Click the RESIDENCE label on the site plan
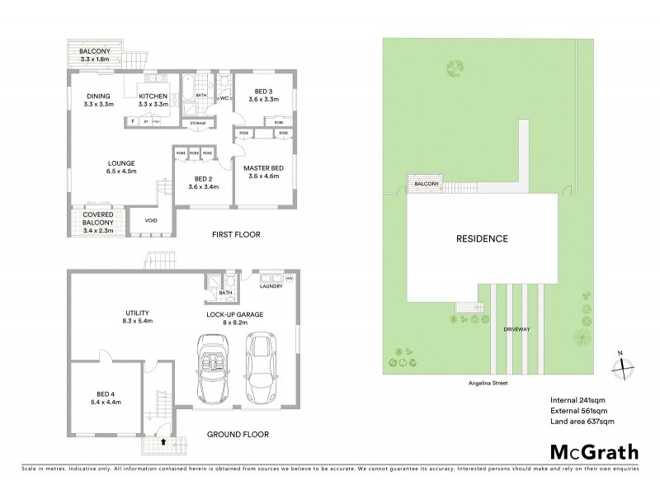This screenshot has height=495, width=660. coord(483,239)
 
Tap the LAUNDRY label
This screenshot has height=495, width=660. coord(271,286)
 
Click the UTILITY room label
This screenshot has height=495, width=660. coord(137,314)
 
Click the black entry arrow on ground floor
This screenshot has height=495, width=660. coord(163,442)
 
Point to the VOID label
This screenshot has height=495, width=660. coord(151,220)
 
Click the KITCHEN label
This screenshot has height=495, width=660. coord(153,99)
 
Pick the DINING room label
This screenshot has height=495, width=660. coord(99,99)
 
